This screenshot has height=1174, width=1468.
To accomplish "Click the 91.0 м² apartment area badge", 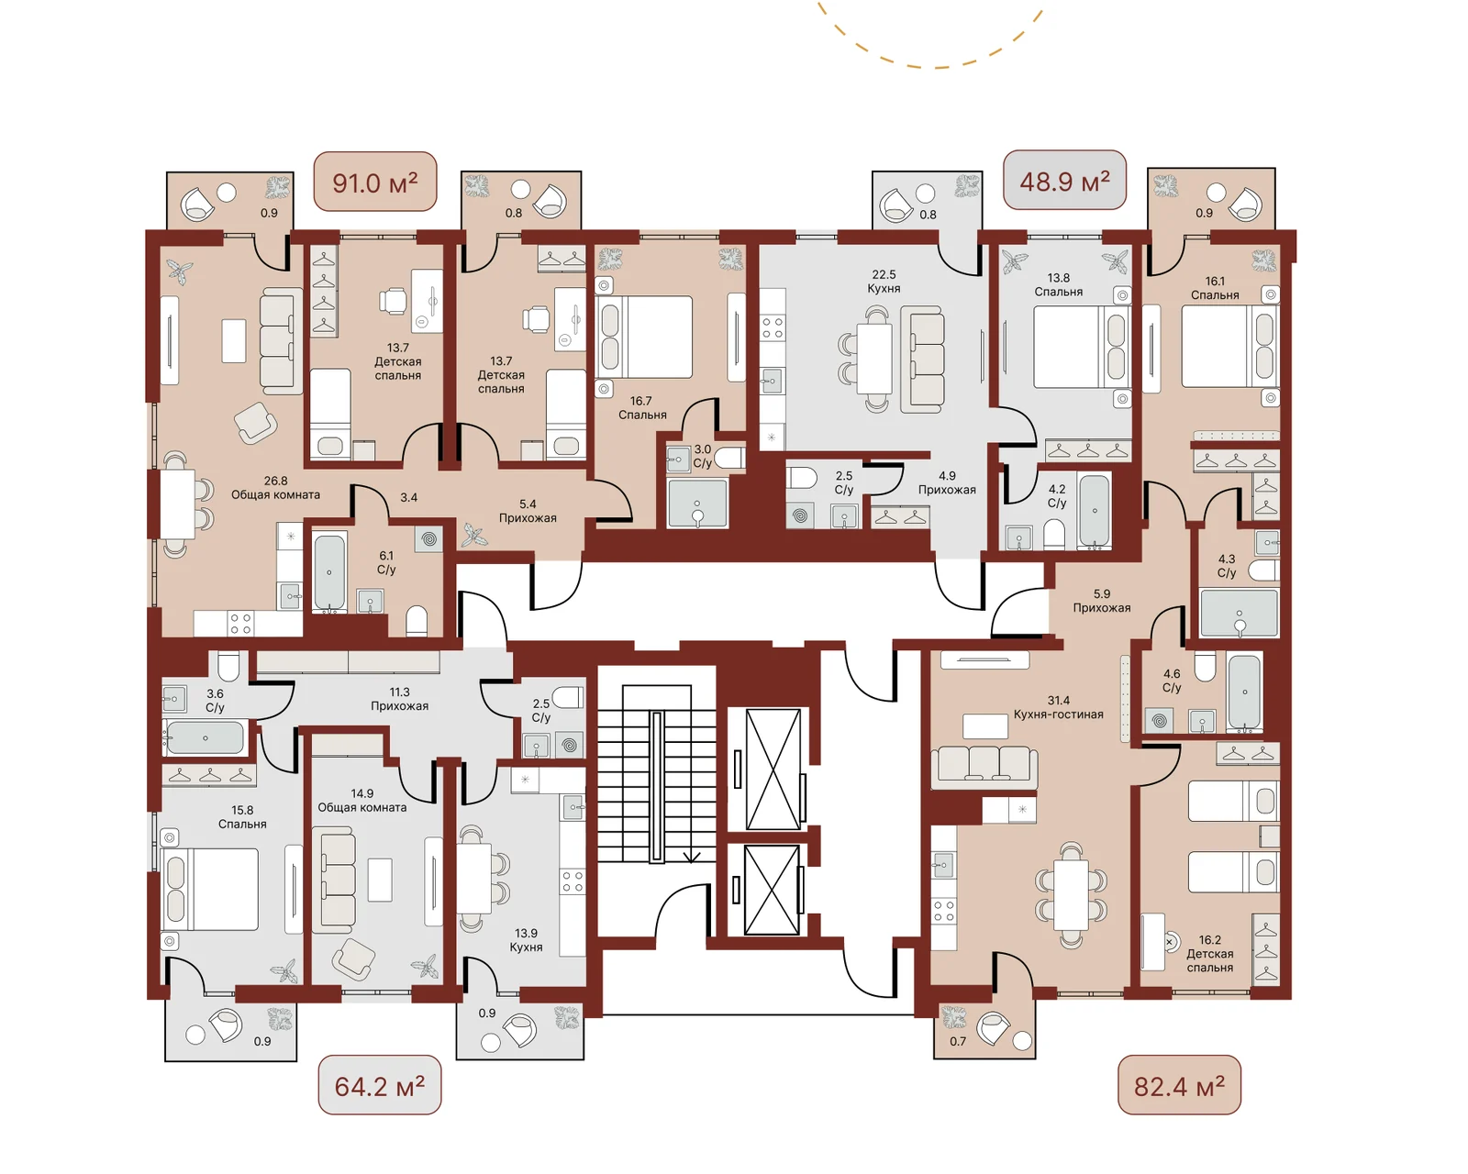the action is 374,182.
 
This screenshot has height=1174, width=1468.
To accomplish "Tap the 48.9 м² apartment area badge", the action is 1064,180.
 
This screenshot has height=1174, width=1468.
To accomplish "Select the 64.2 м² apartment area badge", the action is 379,1085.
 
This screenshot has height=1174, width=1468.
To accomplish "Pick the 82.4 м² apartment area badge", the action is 1179,1085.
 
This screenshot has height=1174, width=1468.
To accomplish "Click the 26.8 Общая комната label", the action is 275,488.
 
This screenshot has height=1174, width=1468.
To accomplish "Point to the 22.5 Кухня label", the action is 884,281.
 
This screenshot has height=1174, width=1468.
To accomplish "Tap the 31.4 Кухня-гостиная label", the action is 1058,707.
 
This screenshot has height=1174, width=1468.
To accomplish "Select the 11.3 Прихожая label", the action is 400,699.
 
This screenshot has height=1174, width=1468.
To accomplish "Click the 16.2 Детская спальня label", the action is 1209,954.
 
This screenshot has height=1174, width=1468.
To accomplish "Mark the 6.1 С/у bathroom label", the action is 386,563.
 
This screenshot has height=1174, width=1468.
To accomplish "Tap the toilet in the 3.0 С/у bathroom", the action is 729,457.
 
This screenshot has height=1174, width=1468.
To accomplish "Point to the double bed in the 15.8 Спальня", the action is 211,889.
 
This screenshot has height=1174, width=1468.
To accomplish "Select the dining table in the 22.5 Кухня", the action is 873,359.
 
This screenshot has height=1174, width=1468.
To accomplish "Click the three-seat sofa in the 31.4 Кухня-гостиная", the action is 984,767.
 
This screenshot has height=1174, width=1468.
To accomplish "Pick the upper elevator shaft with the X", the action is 773,770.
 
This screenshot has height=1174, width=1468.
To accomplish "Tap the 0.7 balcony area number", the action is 958,1041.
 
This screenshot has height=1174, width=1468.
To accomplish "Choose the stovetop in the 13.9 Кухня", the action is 573,881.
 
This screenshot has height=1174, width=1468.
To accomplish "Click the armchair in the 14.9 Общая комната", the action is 352,959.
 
